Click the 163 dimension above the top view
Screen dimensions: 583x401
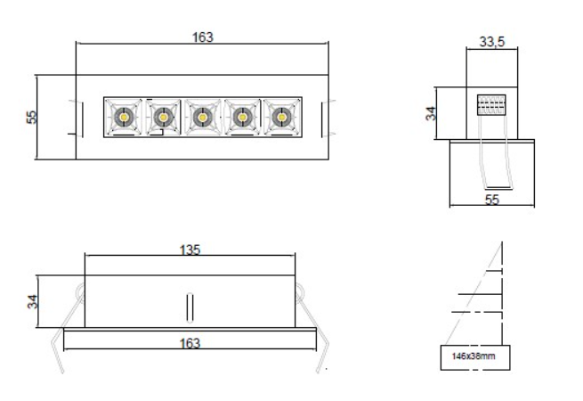click(x=203, y=37)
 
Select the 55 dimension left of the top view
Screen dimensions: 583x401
click(x=32, y=117)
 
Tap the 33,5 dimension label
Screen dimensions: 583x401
click(x=492, y=42)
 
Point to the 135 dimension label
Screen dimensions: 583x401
click(x=190, y=250)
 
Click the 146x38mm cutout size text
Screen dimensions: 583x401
click(x=474, y=356)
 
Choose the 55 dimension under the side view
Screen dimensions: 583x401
click(x=492, y=200)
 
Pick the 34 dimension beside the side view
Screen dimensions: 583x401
click(x=431, y=113)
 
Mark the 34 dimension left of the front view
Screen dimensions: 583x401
click(x=32, y=301)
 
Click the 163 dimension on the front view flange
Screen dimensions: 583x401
click(x=190, y=343)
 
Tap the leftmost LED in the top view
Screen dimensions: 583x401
click(x=125, y=118)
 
